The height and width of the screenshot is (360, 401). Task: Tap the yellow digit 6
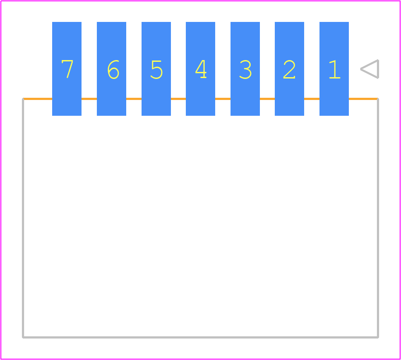[114, 69]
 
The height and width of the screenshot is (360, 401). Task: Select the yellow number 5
[156, 70]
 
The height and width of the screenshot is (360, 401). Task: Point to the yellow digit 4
[201, 69]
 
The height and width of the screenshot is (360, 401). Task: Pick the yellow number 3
[245, 69]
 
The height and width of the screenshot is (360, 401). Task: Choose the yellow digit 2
[290, 69]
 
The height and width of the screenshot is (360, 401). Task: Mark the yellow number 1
[335, 69]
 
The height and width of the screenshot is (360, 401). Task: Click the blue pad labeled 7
[67, 69]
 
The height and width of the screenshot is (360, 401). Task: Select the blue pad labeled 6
[111, 69]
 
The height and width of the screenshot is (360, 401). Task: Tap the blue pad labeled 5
[156, 69]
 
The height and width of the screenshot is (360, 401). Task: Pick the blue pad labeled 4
[201, 69]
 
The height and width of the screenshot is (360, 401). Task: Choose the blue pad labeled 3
[245, 69]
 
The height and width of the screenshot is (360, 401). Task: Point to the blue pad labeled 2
[290, 69]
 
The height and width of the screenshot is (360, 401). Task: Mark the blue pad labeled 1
[334, 69]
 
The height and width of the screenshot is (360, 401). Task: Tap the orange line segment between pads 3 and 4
[223, 99]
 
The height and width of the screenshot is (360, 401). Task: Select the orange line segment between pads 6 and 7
[89, 99]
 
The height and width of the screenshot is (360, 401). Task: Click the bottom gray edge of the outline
[201, 338]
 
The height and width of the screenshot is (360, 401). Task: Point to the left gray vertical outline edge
[23, 218]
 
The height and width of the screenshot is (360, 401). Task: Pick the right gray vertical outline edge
[378, 218]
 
